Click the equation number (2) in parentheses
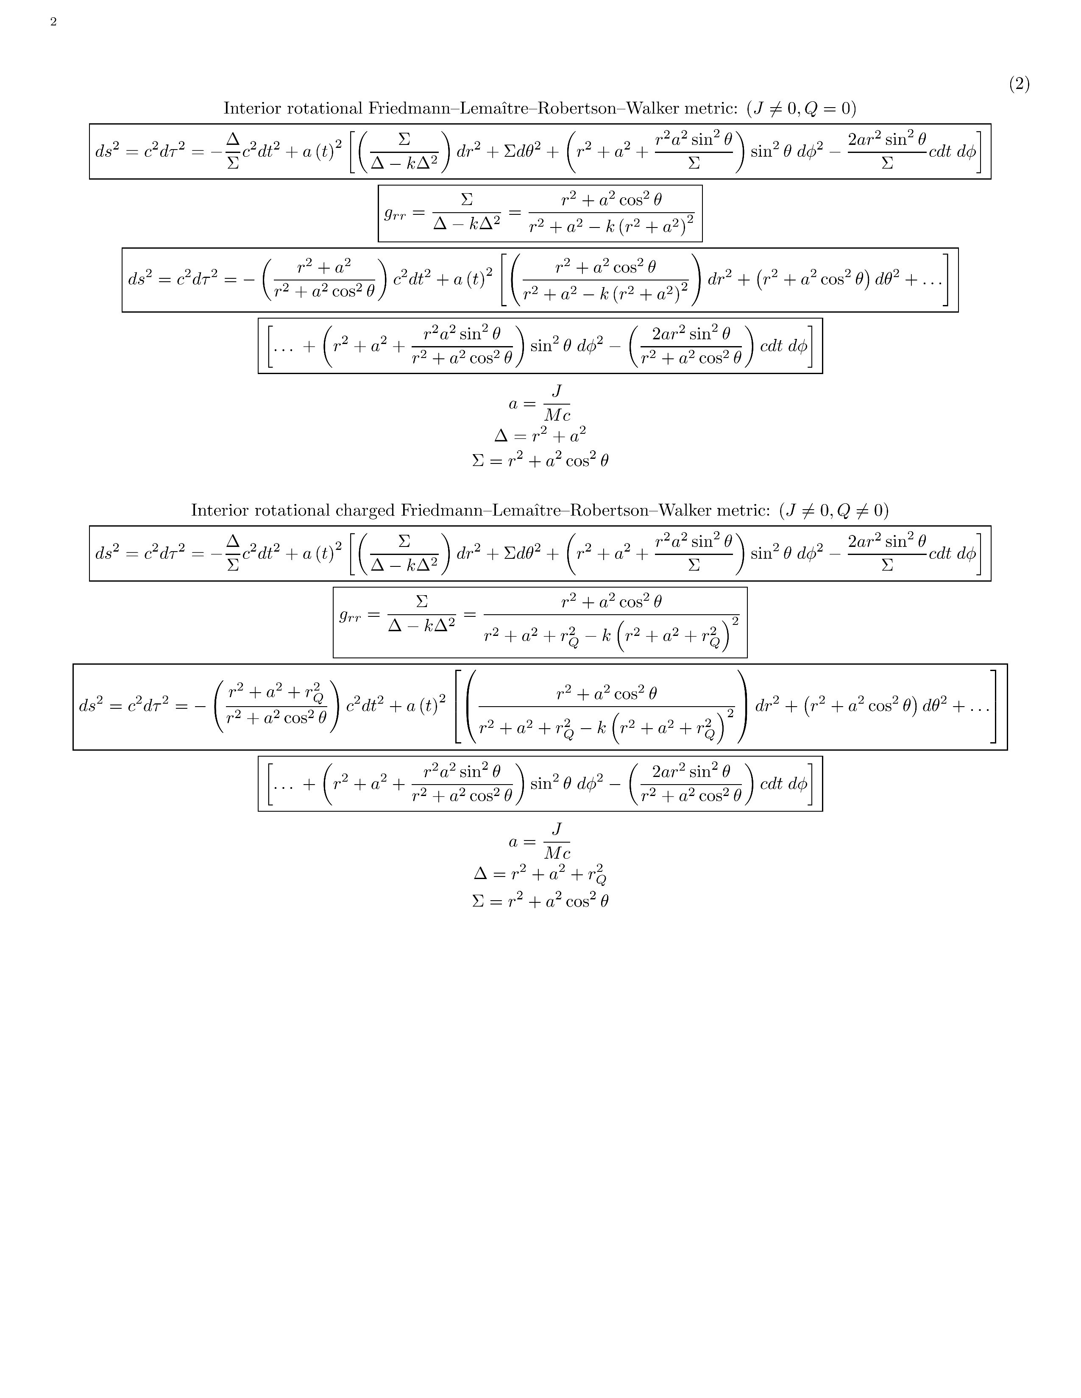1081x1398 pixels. pyautogui.click(x=1019, y=84)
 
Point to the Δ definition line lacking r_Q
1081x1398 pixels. pyautogui.click(x=540, y=436)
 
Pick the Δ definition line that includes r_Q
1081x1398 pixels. pyautogui.click(x=540, y=874)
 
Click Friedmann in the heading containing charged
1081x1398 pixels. pyautogui.click(x=435, y=510)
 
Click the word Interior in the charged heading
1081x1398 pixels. pyautogui.click(x=220, y=510)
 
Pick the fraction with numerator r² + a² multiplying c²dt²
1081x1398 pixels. pyautogui.click(x=324, y=279)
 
